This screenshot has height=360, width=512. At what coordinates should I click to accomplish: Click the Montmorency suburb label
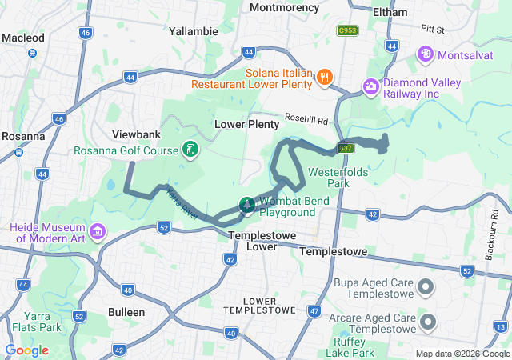pos(284,7)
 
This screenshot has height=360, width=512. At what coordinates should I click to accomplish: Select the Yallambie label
pos(194,31)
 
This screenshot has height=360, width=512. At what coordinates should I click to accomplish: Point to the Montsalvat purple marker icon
pos(426,54)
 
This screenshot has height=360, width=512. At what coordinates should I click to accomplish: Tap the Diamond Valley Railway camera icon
pos(370,86)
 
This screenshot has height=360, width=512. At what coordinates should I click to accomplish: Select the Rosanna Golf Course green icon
pos(190,149)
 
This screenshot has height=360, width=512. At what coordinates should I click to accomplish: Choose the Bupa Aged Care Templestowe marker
pos(426,286)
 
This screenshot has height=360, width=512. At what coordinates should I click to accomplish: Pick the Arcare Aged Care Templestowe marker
pos(426,322)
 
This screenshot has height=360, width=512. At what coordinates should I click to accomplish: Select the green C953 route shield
pos(346,30)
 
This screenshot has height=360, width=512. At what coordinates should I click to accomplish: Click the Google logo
pos(26,350)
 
